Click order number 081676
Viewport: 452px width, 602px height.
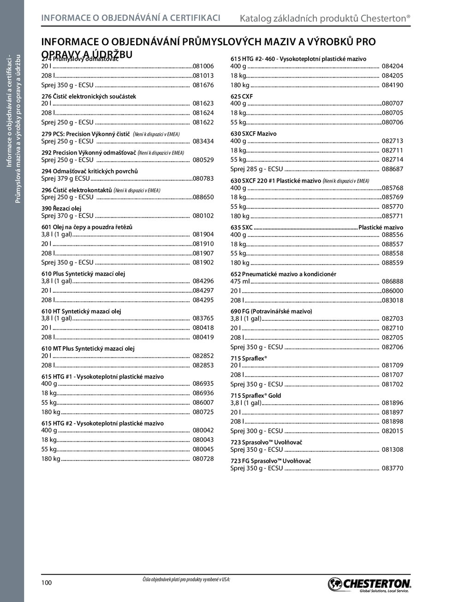(x=203, y=85)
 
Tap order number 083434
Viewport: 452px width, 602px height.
(x=203, y=141)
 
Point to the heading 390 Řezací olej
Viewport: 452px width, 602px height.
(x=61, y=208)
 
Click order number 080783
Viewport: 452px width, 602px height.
(x=203, y=178)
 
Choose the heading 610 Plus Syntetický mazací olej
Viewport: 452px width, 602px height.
(x=83, y=274)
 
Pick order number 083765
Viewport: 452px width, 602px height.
(x=203, y=318)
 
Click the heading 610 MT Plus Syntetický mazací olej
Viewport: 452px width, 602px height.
(x=88, y=348)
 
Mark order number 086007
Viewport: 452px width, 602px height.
(x=203, y=402)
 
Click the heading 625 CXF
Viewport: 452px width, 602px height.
(x=242, y=96)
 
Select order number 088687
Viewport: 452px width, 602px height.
(x=393, y=169)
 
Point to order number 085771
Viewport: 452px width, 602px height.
(x=393, y=216)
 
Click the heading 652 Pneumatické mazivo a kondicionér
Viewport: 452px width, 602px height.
(x=283, y=274)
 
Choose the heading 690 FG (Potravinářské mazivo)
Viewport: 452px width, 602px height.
(x=271, y=311)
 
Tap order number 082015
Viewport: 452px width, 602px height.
(x=393, y=431)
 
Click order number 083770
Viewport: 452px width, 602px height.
(x=393, y=468)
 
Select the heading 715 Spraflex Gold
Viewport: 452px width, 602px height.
(x=256, y=395)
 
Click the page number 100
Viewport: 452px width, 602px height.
(x=47, y=583)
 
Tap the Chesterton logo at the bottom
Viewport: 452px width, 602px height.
(x=369, y=584)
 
